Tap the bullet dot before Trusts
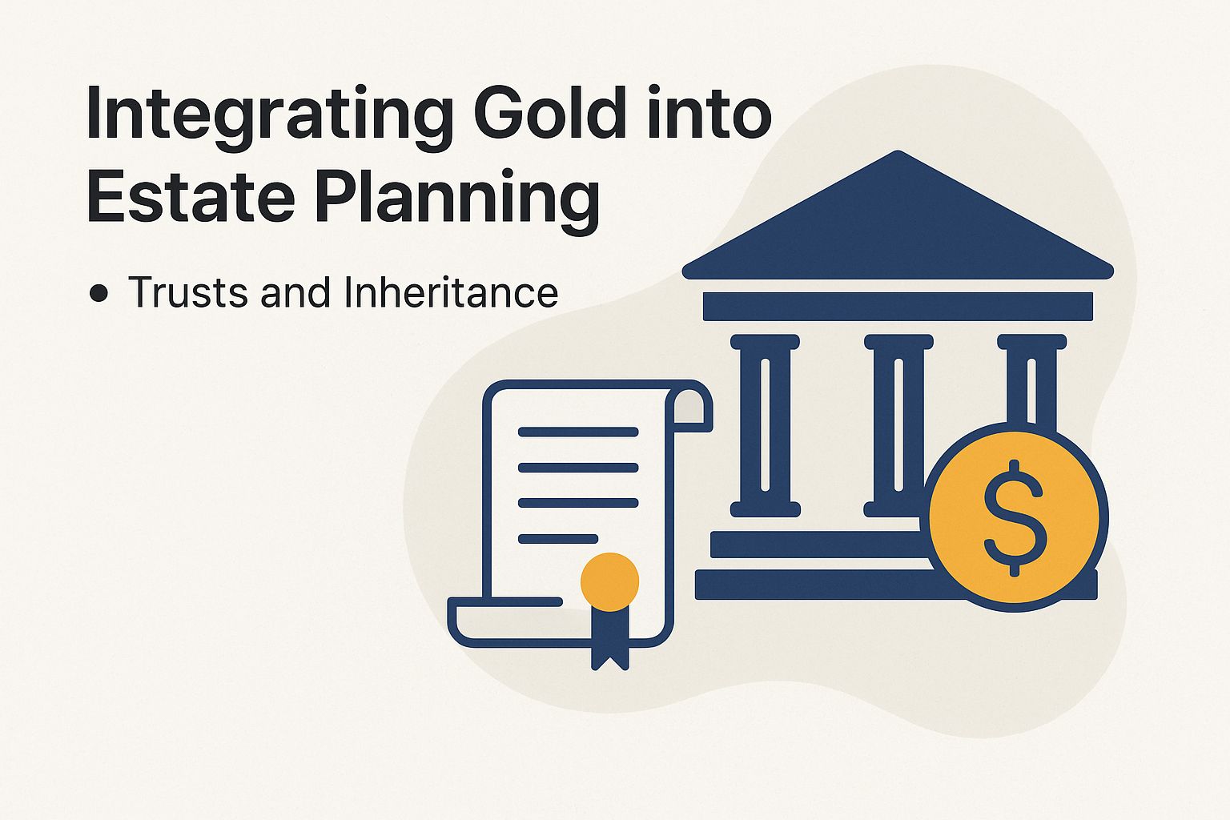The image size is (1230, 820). coord(99,294)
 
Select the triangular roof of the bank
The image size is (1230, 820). coord(898,224)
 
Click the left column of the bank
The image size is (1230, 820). coord(765,424)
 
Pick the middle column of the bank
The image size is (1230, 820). coord(898,424)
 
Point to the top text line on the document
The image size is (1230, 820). coord(577,432)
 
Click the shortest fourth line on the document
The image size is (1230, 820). coord(558,538)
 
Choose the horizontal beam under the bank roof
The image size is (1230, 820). coord(898,307)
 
